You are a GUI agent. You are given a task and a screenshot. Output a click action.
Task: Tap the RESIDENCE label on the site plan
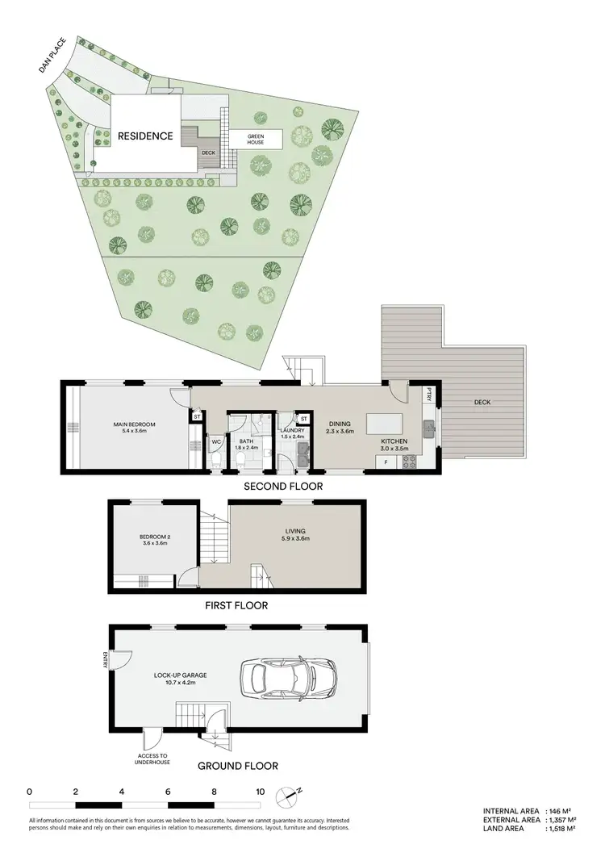coord(145,136)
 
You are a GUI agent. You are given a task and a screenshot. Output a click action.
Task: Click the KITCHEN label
coord(394,441)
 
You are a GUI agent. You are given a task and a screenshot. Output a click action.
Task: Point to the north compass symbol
coord(286,795)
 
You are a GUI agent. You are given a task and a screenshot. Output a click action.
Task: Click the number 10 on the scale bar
coord(260,792)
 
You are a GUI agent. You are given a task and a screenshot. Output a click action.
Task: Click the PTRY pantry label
coord(430,396)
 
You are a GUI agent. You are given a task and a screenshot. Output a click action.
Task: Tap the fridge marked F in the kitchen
coord(386,462)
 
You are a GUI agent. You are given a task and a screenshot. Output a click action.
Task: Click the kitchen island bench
coord(385,424)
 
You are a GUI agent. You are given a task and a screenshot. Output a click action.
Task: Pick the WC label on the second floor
coord(216,442)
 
